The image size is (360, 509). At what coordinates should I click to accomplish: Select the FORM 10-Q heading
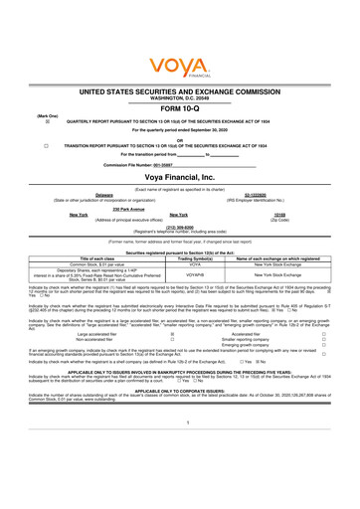(x=181, y=108)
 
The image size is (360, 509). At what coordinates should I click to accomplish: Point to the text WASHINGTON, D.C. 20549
(x=181, y=96)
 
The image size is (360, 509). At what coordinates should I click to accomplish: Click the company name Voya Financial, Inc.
(x=181, y=175)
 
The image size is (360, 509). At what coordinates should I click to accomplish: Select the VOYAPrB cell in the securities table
(x=195, y=274)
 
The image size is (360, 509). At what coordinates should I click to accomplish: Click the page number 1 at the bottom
(x=180, y=447)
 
